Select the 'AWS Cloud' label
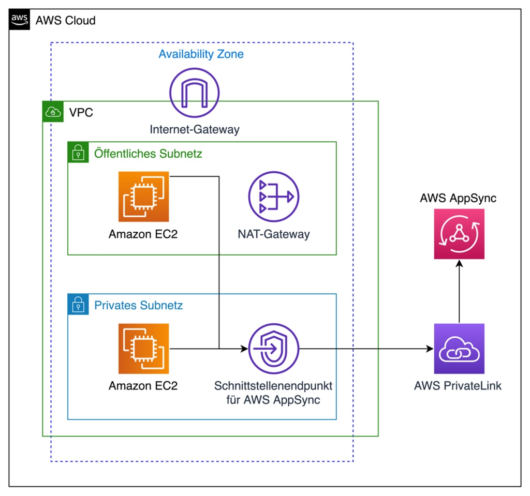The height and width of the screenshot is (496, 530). coord(65,21)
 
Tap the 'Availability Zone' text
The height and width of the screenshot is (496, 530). coord(201,54)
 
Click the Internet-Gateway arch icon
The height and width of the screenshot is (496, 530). coord(195,94)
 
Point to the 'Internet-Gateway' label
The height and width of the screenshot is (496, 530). coord(195,129)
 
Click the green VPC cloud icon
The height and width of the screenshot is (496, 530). coord(52,111)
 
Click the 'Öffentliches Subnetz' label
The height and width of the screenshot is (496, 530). coord(148,154)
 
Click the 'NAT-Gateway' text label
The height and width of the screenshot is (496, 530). coord(273,234)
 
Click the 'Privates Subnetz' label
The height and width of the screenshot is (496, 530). coord(138,305)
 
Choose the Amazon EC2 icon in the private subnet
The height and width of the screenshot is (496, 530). coord(143,349)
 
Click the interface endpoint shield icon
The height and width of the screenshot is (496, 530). coord(273,349)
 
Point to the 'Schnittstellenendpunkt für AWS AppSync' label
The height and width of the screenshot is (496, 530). coord(273,393)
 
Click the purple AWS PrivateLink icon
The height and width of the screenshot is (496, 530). coord(459,349)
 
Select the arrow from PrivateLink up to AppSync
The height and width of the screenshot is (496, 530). coord(459,292)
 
